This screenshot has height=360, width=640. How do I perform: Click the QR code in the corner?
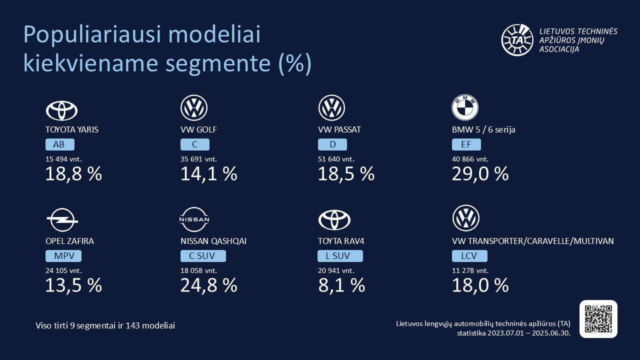click(x=598, y=319)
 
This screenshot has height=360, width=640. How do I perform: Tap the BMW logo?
click(x=465, y=107)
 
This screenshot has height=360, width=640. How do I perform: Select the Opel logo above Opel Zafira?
click(x=62, y=220)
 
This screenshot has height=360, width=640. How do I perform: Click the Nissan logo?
click(x=194, y=219)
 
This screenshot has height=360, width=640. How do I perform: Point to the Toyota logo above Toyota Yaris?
click(x=61, y=110)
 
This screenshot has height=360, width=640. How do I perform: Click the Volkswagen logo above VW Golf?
click(x=194, y=107)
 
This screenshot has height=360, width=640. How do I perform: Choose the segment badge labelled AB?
click(x=59, y=145)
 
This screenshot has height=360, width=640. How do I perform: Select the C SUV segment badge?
click(x=203, y=256)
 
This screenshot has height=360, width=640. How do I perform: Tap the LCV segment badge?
click(x=469, y=256)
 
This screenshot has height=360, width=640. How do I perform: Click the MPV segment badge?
click(x=63, y=256)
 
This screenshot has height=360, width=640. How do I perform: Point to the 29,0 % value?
click(x=480, y=174)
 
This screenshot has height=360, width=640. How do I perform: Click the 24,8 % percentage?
click(x=208, y=285)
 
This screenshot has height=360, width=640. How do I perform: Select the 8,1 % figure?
click(x=341, y=285)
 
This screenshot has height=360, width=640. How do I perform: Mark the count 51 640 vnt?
click(x=336, y=159)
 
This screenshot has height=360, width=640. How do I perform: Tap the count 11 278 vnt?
click(x=470, y=270)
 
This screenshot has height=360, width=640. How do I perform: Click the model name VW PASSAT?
click(x=339, y=129)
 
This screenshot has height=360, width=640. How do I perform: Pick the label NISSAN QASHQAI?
click(x=213, y=241)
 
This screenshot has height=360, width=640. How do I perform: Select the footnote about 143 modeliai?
click(x=105, y=325)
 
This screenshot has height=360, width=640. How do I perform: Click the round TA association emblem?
click(x=518, y=39)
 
